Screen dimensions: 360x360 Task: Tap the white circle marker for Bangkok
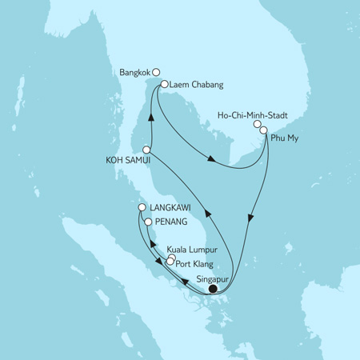[156, 70]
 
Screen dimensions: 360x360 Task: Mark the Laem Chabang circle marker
[163, 83]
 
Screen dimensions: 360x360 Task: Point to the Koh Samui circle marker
[147, 150]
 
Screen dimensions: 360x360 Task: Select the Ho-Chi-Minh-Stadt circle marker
[258, 124]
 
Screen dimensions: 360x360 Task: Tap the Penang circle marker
[146, 220]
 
